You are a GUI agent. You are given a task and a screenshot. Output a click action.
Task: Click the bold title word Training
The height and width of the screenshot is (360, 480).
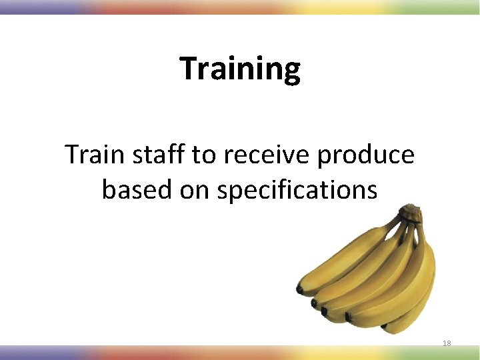point(240,69)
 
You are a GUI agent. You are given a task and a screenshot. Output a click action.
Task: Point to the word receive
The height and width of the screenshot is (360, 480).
point(267,155)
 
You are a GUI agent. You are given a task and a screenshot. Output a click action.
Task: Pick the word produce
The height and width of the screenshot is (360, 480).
point(366,155)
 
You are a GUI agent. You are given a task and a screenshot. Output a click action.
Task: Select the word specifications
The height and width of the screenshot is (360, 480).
point(297,190)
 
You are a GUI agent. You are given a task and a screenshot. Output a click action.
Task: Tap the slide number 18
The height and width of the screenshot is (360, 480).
point(447,343)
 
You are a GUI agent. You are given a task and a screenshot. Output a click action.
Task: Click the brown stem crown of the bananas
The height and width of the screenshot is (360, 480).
point(409,213)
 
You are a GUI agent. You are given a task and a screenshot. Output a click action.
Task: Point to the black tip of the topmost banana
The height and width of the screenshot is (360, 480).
point(301,289)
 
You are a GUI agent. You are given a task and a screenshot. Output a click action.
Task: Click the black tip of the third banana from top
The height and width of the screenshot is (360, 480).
point(325,311)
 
